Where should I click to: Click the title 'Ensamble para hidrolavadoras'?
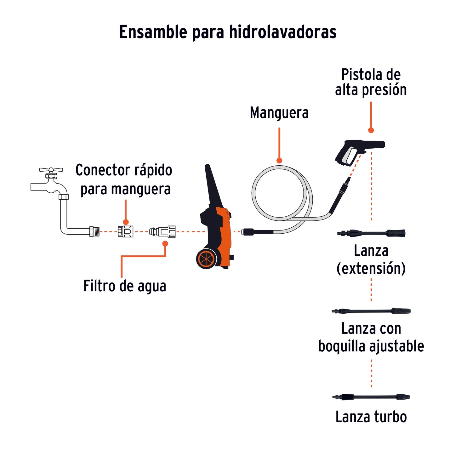pyautogui.click(x=228, y=32)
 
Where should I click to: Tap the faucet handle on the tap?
pyautogui.click(x=51, y=170)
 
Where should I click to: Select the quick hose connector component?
pyautogui.click(x=125, y=231)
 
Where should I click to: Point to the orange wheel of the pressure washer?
pyautogui.click(x=206, y=259)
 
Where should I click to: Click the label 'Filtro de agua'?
pyautogui.click(x=125, y=286)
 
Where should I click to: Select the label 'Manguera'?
pyautogui.click(x=279, y=113)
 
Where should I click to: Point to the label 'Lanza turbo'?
pyautogui.click(x=371, y=417)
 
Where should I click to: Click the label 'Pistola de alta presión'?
pyautogui.click(x=371, y=82)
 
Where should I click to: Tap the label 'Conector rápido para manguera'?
pyautogui.click(x=124, y=179)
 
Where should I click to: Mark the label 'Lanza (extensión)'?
pyautogui.click(x=371, y=259)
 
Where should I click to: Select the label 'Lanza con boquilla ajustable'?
pyautogui.click(x=371, y=337)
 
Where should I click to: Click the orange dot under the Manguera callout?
pyautogui.click(x=279, y=161)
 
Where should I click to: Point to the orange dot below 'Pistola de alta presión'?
pyautogui.click(x=371, y=130)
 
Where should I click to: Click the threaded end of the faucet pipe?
pyautogui.click(x=94, y=231)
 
